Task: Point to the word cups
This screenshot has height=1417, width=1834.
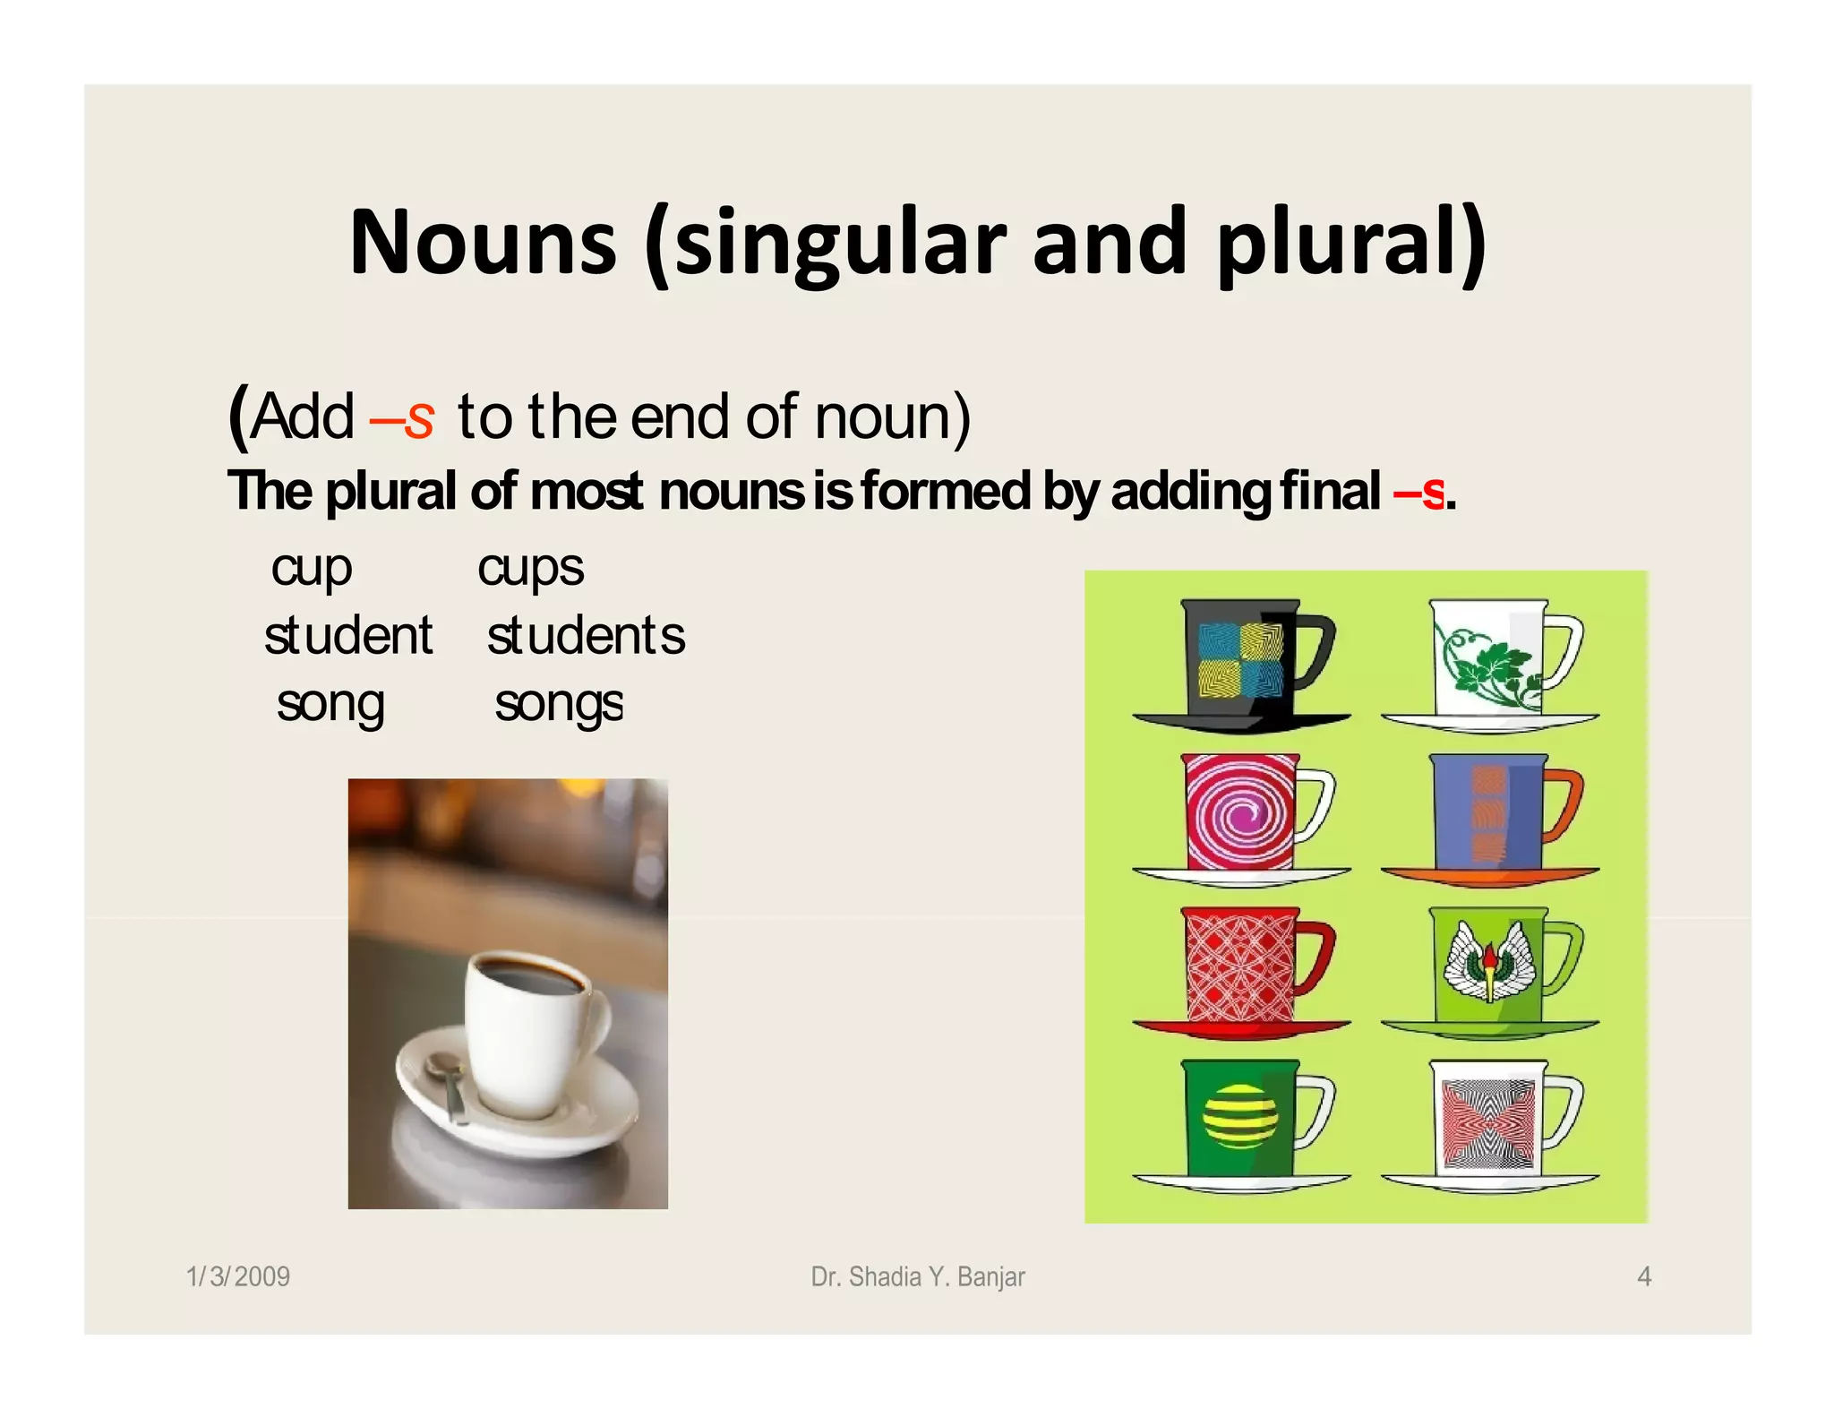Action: click(x=530, y=569)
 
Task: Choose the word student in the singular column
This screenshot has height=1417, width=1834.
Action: click(x=348, y=636)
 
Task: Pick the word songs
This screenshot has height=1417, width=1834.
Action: click(x=559, y=704)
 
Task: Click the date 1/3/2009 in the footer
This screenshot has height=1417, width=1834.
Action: click(x=238, y=1276)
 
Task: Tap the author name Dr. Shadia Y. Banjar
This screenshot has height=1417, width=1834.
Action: click(x=918, y=1276)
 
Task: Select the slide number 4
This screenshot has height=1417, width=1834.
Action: click(x=1644, y=1276)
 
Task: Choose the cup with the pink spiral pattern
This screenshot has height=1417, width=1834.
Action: click(x=1241, y=813)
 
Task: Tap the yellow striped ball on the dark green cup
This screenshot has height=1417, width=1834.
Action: click(x=1240, y=1116)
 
